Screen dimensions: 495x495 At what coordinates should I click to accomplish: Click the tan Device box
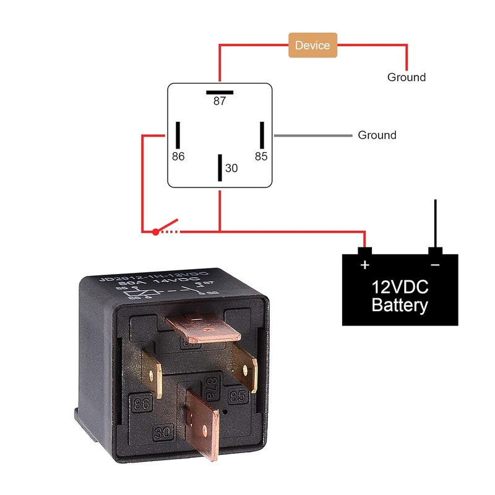click(x=312, y=45)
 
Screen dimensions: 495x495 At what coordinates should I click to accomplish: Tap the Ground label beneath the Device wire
click(x=407, y=77)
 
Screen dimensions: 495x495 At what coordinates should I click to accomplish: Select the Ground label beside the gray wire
click(x=377, y=135)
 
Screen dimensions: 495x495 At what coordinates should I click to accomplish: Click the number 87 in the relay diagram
click(x=220, y=101)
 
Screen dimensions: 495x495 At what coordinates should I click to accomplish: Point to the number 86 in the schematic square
click(x=178, y=157)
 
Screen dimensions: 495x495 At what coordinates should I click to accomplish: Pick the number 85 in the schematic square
click(x=261, y=157)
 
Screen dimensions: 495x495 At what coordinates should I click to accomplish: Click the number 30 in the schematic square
click(x=231, y=168)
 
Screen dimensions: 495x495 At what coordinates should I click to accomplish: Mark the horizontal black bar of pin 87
click(x=220, y=92)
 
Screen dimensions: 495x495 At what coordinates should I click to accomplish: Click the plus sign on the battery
click(x=365, y=265)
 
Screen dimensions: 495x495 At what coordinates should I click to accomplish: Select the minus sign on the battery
click(x=435, y=265)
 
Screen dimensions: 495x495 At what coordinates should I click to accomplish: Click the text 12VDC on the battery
click(x=400, y=287)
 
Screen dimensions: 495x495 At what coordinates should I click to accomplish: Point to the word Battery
click(x=400, y=305)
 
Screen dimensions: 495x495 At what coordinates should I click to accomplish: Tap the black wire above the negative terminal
click(x=436, y=223)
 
